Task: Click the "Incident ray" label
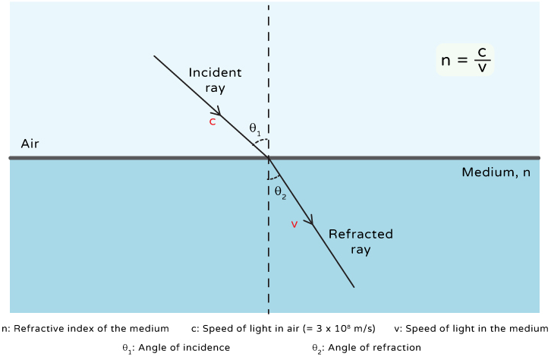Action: (215, 80)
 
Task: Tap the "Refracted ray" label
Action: (361, 242)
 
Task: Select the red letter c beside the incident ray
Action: (213, 122)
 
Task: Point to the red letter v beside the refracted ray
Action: (294, 224)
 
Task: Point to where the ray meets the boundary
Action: (269, 158)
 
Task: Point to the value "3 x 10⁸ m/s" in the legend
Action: (341, 329)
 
